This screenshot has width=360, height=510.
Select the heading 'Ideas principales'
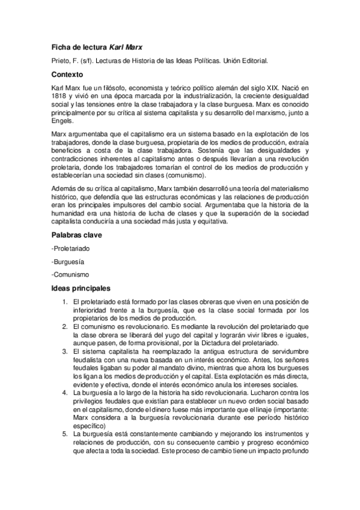pyautogui.click(x=78, y=288)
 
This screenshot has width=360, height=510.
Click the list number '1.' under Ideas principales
pyautogui.click(x=65, y=301)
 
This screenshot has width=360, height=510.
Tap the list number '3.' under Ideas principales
pyautogui.click(x=65, y=351)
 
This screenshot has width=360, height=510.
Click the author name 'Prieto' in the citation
pyautogui.click(x=61, y=61)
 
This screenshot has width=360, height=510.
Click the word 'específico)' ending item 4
pyautogui.click(x=88, y=424)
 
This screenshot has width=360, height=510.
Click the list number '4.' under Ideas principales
pyautogui.click(x=65, y=392)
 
